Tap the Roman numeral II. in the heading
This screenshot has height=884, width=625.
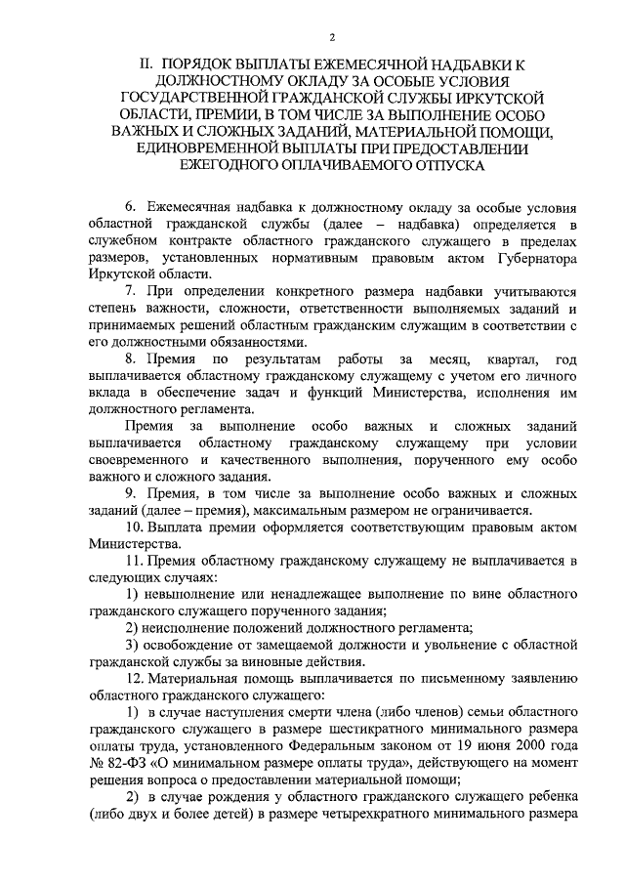tap(147, 63)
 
